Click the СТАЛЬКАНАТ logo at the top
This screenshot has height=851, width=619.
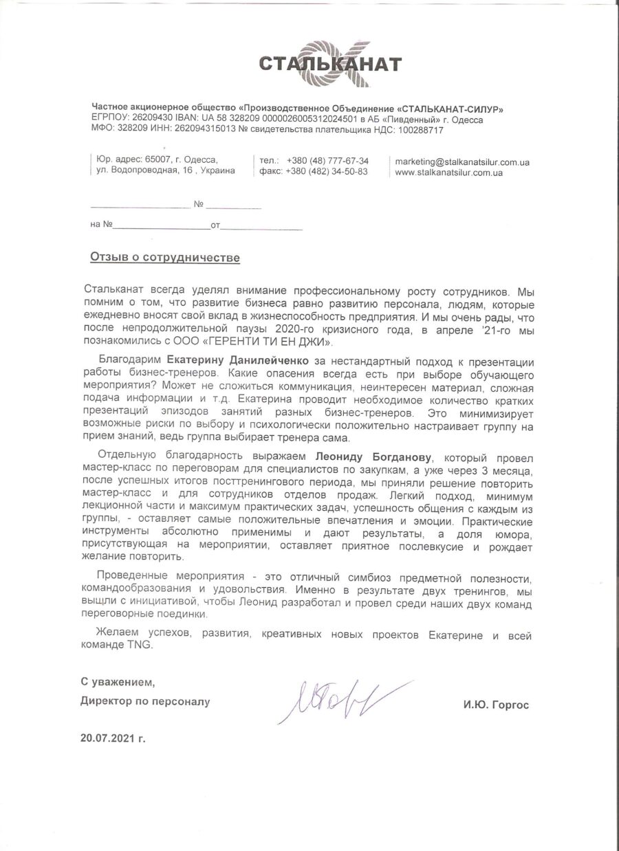(330, 64)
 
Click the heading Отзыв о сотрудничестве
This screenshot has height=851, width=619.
(165, 258)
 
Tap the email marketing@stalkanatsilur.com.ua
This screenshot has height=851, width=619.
(461, 162)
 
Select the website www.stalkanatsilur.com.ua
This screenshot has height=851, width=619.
(448, 173)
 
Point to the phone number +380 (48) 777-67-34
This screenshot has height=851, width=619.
(327, 160)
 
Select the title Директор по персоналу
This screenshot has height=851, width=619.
(145, 702)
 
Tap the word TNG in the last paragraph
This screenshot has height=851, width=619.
(139, 645)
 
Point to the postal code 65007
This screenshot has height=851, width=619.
(160, 160)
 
